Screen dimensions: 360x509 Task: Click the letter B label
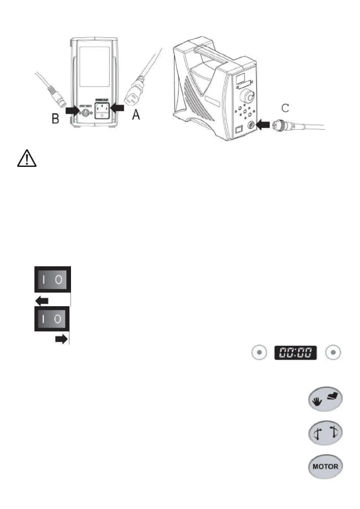coord(55,118)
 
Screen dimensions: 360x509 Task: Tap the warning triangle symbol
coord(27,158)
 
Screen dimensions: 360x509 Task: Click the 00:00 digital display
coord(295,352)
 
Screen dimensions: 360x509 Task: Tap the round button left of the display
coord(259,352)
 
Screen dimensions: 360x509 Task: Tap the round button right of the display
coord(333,352)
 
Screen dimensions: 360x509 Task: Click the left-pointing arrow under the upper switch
coord(42,301)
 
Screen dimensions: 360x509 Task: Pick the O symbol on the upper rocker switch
coord(59,280)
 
